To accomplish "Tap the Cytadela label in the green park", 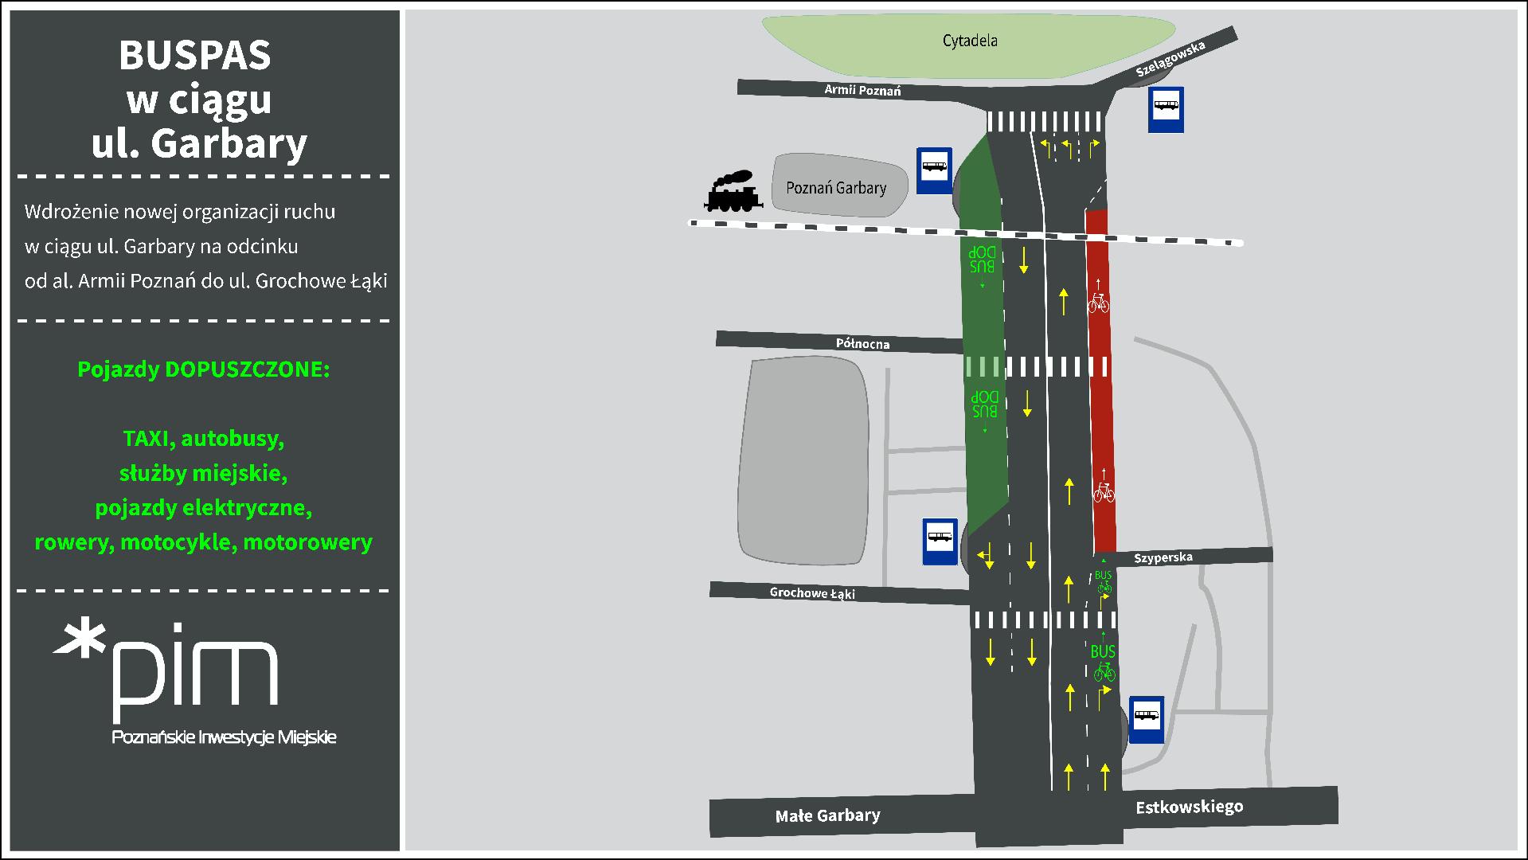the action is (969, 41).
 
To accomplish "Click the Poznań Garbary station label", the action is (836, 188).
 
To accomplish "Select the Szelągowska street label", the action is (1170, 58).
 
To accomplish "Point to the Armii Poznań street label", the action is (862, 90).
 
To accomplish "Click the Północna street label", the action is (862, 343).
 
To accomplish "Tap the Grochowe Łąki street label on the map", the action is (812, 593).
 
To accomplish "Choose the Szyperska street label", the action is (1163, 557).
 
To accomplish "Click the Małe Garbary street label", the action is (828, 815).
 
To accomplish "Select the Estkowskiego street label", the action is (1190, 807).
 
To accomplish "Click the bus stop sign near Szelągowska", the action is (1166, 110).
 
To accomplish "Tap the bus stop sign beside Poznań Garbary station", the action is (934, 170).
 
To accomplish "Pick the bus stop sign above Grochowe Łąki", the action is (940, 541).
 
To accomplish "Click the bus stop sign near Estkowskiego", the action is (1147, 719).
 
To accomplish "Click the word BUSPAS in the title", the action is (195, 56).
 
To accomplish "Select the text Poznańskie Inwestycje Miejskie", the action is (224, 737).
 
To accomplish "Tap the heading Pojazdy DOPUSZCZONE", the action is (203, 369).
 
